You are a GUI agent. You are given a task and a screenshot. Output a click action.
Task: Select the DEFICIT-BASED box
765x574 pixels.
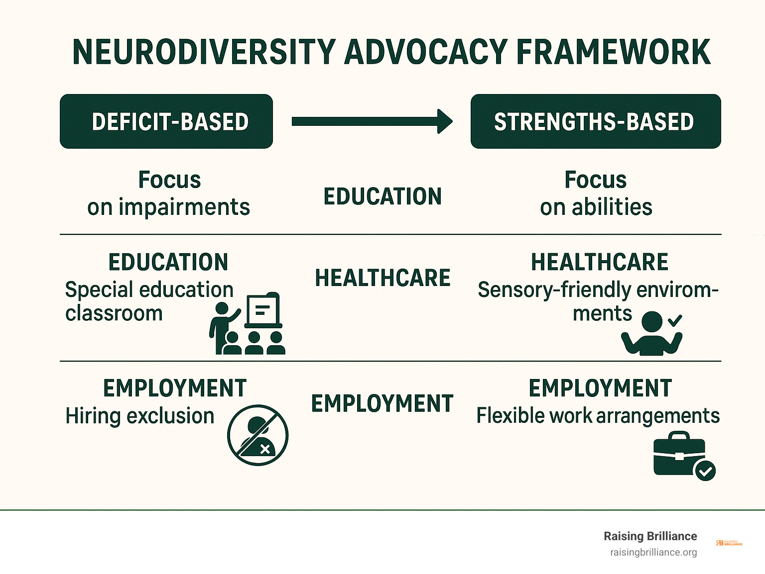(x=166, y=121)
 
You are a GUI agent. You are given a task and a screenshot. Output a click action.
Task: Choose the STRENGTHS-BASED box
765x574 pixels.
(x=596, y=121)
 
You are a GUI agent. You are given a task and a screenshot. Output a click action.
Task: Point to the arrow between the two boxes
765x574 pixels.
(x=372, y=121)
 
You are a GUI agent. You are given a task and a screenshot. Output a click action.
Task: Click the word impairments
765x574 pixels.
(x=184, y=207)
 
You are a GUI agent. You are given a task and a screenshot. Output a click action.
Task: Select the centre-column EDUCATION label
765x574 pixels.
(x=382, y=196)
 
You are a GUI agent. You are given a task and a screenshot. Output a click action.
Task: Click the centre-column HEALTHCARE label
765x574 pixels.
(x=382, y=278)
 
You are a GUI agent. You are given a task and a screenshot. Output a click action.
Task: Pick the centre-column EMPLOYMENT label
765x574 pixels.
(x=382, y=403)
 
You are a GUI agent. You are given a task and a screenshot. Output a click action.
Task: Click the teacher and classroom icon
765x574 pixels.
(x=248, y=323)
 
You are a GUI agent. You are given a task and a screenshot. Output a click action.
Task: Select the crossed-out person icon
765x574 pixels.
(x=258, y=435)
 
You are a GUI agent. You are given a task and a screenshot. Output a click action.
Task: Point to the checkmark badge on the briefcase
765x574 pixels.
(x=705, y=471)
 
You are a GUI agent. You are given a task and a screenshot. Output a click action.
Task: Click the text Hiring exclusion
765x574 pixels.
(x=140, y=416)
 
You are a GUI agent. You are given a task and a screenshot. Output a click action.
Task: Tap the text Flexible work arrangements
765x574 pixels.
(x=598, y=416)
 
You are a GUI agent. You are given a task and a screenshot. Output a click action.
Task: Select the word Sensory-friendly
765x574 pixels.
(x=554, y=290)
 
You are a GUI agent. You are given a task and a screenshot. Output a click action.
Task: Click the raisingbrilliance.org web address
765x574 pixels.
(x=653, y=553)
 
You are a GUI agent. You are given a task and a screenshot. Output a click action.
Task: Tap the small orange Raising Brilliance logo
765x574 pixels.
(x=729, y=543)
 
